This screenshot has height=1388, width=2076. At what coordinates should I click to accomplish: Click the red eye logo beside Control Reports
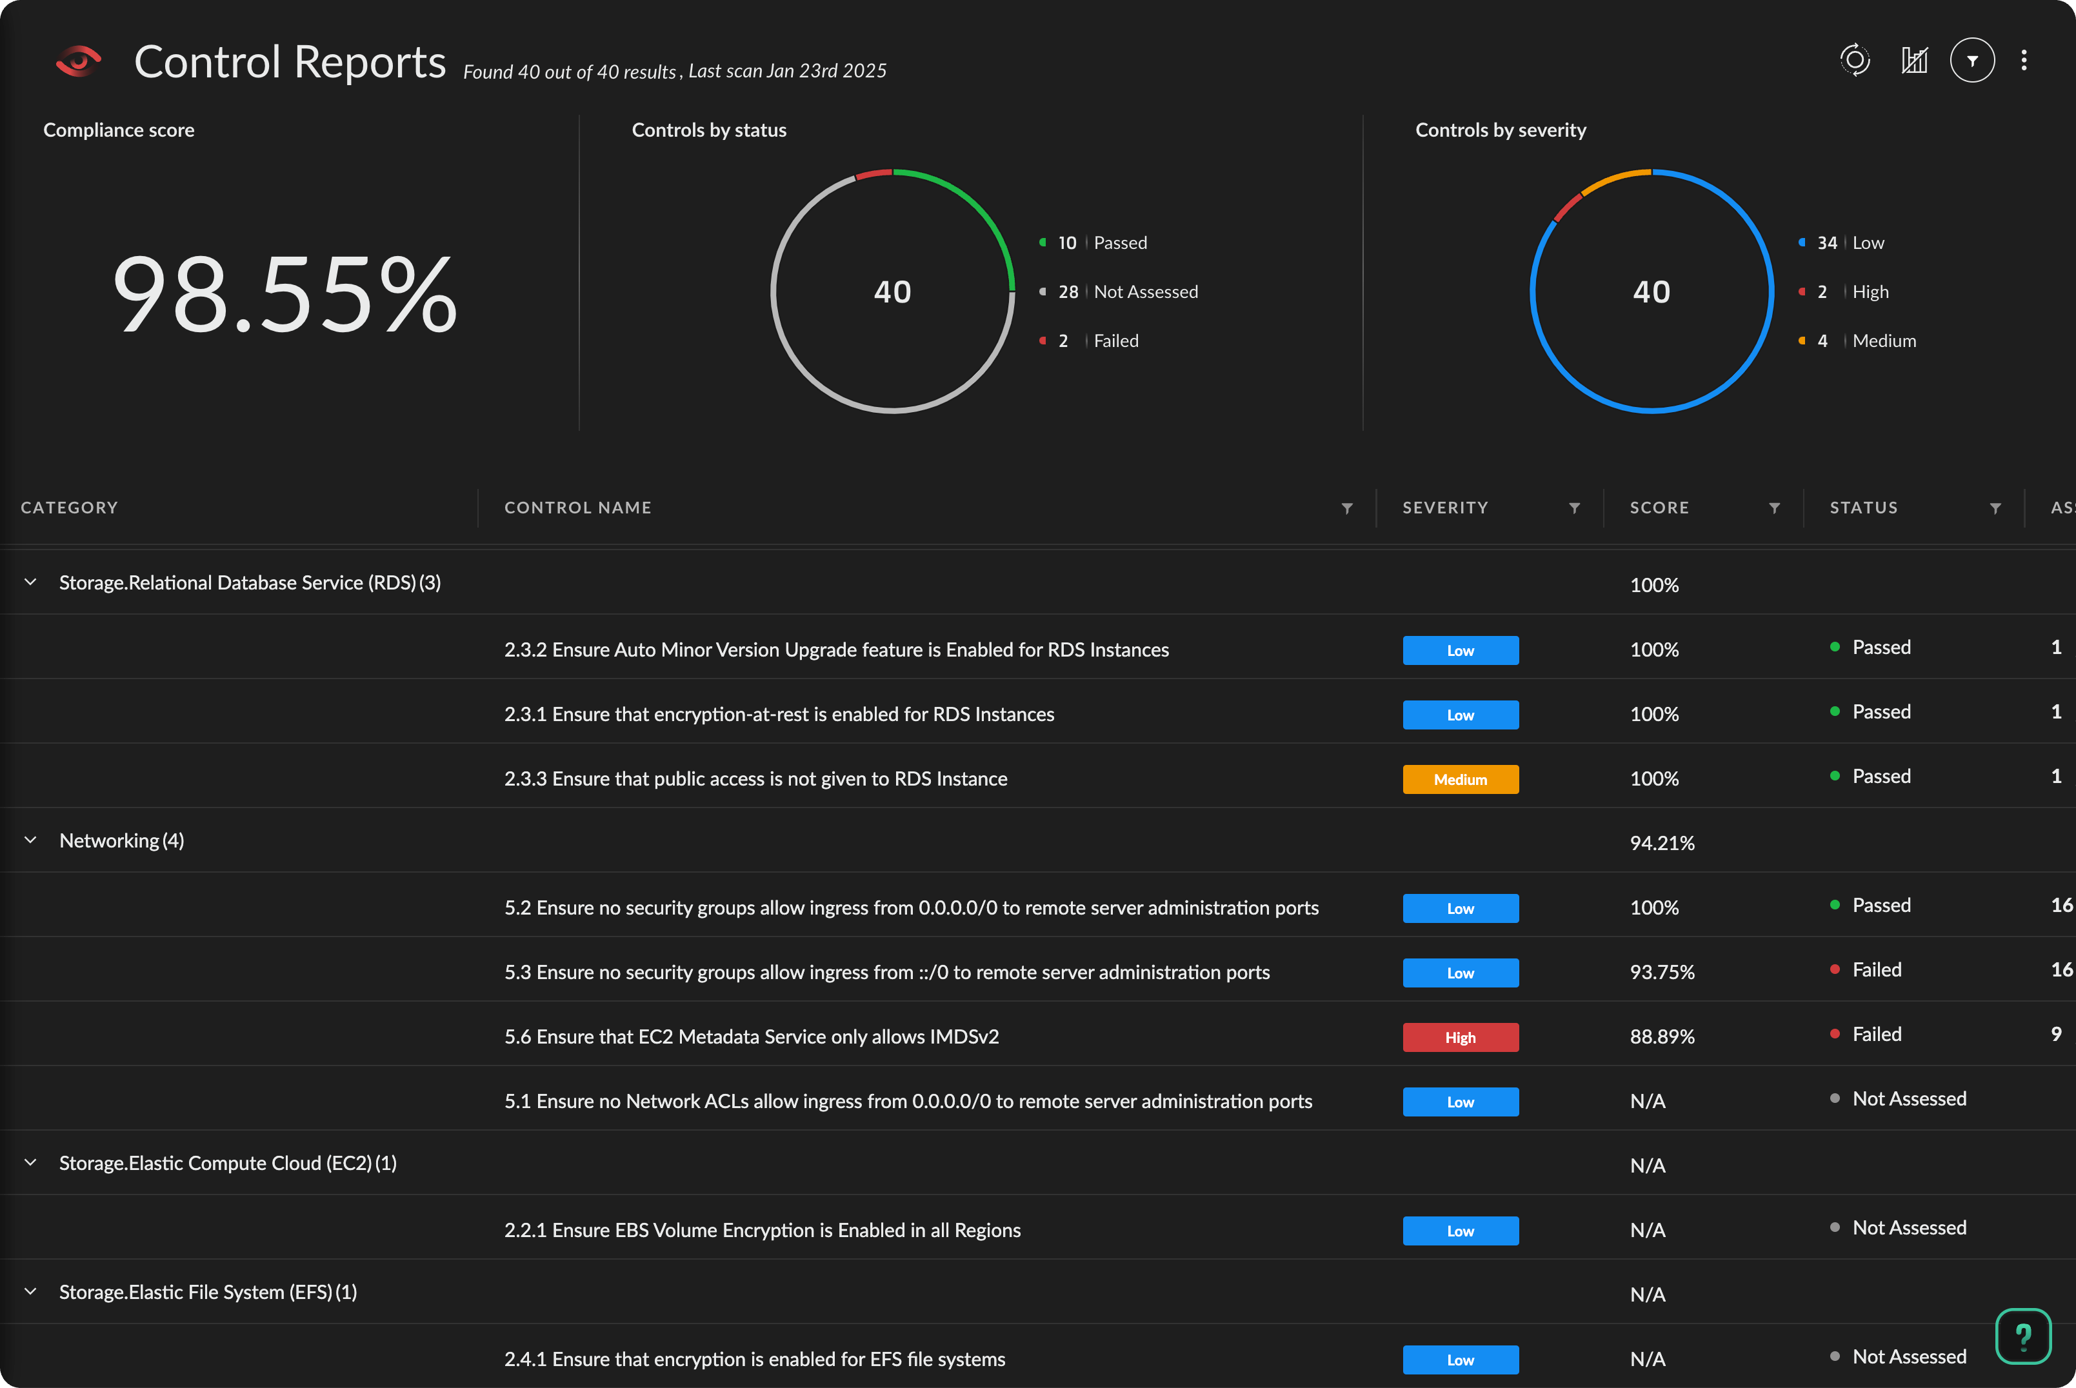[78, 61]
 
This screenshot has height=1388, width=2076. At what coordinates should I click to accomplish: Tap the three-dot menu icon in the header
[2024, 60]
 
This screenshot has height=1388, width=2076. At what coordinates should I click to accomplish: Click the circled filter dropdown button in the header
[1971, 60]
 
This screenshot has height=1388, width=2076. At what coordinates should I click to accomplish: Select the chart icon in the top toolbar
[1914, 60]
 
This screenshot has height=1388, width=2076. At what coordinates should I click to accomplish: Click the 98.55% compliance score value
[285, 294]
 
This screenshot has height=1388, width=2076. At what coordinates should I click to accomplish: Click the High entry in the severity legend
[1870, 292]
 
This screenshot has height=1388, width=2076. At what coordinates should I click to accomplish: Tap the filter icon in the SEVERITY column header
[1574, 508]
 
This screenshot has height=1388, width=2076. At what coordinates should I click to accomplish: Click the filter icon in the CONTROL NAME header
[1346, 508]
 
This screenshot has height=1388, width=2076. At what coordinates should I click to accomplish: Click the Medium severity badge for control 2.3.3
[1460, 780]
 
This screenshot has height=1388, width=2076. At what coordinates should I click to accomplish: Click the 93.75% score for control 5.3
[1662, 973]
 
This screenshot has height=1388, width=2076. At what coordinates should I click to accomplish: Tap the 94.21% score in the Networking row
[1662, 844]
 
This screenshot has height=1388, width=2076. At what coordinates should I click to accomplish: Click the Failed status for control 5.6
[1876, 1035]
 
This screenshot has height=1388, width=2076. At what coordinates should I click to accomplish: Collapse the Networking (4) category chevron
[31, 840]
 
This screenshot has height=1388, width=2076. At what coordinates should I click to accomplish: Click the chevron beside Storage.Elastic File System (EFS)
[31, 1291]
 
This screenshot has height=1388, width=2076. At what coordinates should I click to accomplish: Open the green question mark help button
[2023, 1336]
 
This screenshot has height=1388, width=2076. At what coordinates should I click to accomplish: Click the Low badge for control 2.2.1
[1460, 1231]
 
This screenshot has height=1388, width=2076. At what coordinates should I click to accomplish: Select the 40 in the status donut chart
[892, 292]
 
